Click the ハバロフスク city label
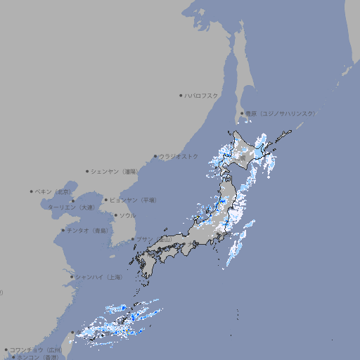[x=202, y=95]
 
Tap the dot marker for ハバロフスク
[x=181, y=95]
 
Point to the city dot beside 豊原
[x=242, y=113]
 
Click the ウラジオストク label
[x=179, y=156]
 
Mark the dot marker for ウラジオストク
[x=155, y=156]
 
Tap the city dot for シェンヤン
[x=88, y=171]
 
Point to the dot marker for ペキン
[x=32, y=191]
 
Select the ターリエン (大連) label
[x=70, y=207]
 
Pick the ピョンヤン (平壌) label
[x=134, y=200]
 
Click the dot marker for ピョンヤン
[x=106, y=200]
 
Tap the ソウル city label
[x=127, y=215]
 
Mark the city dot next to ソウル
[x=115, y=215]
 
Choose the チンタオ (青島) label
[x=88, y=230]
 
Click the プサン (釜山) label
[x=153, y=240]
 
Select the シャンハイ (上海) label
[x=98, y=277]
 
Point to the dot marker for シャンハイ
[x=72, y=277]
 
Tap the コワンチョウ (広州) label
[x=35, y=349]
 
